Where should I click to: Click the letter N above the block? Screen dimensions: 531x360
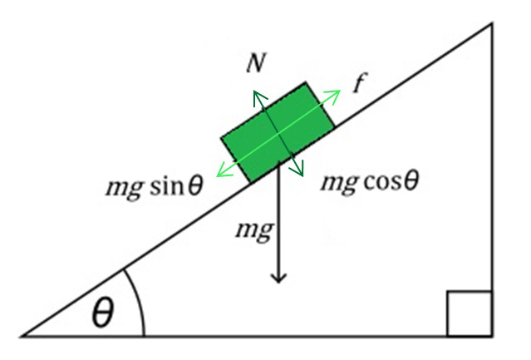pyautogui.click(x=255, y=63)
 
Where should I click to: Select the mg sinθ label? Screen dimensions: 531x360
pyautogui.click(x=155, y=186)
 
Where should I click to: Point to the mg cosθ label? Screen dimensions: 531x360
pyautogui.click(x=370, y=182)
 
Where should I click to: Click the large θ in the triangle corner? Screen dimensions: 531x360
pyautogui.click(x=102, y=312)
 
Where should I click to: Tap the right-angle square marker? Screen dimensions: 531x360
pyautogui.click(x=469, y=313)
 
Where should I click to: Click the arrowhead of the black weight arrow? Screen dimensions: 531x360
pyautogui.click(x=278, y=279)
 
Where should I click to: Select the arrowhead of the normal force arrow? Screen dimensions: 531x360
pyautogui.click(x=258, y=96)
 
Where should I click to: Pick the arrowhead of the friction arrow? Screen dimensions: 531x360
pyautogui.click(x=333, y=95)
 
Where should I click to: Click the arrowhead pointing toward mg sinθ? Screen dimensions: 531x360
pyautogui.click(x=222, y=171)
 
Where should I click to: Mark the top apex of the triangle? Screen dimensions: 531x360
pyautogui.click(x=492, y=23)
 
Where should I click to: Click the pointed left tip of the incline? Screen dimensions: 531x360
pyautogui.click(x=21, y=336)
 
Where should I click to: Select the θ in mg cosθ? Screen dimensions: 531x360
pyautogui.click(x=411, y=180)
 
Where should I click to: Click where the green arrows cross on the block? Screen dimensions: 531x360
pyautogui.click(x=278, y=132)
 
